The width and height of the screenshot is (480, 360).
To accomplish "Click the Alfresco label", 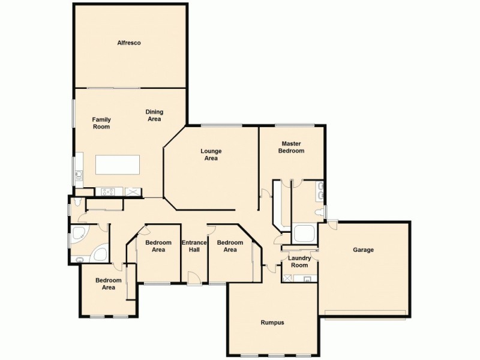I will [129, 43].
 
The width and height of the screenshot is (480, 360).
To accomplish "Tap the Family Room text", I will [101, 123].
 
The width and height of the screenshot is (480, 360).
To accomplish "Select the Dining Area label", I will [154, 115].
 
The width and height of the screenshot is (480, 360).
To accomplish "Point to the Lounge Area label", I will [211, 155].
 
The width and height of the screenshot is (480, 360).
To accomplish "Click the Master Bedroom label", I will [291, 147].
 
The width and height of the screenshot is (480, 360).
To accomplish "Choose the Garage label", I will [363, 250].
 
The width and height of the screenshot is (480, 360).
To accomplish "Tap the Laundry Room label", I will [299, 262].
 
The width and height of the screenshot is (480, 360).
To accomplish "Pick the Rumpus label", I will [272, 322].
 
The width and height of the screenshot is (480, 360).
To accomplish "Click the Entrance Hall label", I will [194, 246].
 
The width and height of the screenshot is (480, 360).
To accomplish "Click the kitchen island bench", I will [118, 164].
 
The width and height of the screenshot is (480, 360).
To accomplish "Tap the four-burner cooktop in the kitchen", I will [109, 192].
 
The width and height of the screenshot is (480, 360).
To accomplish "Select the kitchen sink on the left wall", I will [78, 175].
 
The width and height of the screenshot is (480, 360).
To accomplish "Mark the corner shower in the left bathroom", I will [78, 236].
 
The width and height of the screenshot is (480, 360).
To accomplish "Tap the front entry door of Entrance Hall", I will [194, 278].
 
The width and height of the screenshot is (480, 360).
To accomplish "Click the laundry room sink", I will [307, 278].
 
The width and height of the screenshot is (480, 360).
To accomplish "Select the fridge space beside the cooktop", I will [131, 192].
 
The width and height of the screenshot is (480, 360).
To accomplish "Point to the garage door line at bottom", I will [366, 312].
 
